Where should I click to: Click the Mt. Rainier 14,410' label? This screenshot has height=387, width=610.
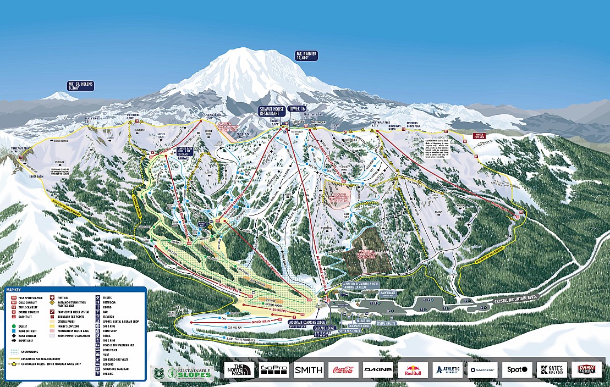307,55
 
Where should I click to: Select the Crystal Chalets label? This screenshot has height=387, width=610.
389,323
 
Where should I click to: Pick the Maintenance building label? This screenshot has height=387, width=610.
388,294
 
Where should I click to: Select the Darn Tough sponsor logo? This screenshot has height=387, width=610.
586,369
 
